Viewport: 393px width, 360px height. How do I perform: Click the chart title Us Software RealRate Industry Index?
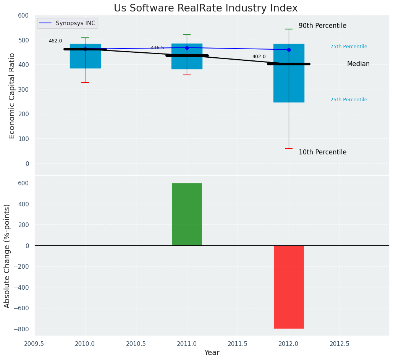point(205,8)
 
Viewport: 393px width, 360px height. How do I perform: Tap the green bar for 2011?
point(187,214)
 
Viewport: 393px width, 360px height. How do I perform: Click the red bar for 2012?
point(289,287)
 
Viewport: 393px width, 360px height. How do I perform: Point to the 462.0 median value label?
point(55,41)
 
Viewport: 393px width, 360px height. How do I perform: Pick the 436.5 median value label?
point(157,48)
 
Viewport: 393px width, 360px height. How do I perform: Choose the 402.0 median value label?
point(259,57)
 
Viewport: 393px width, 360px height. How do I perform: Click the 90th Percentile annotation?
point(322,26)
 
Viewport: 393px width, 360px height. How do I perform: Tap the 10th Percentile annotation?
point(322,152)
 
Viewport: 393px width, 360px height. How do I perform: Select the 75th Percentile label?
point(349,47)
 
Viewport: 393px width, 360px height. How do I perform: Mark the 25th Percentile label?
point(349,100)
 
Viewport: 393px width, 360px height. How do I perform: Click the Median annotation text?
point(358,64)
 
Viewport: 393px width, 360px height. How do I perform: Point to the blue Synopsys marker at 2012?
point(289,50)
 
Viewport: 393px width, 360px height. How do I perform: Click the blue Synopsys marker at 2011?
point(187,48)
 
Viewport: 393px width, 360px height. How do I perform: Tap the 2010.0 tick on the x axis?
point(85,344)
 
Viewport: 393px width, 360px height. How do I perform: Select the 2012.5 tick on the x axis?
point(340,344)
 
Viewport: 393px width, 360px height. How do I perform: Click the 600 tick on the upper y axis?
point(23,16)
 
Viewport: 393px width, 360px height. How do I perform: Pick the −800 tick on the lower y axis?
point(21,329)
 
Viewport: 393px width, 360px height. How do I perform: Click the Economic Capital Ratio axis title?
point(12,96)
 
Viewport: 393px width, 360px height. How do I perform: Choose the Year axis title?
point(212,353)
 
